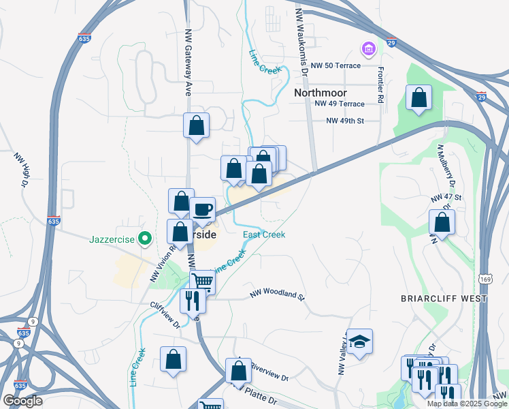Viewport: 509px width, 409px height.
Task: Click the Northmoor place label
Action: pos(321,93)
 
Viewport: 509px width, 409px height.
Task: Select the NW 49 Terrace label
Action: pos(340,104)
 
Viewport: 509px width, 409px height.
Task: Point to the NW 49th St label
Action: pos(345,121)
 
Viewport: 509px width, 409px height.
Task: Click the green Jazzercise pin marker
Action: pos(144,239)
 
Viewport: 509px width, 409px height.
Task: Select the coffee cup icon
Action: pos(203,209)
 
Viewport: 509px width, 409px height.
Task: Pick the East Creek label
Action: pos(264,234)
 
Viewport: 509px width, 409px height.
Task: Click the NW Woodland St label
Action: pos(277,294)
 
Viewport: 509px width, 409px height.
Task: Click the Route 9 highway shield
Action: pos(33,322)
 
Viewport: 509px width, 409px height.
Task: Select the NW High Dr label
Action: pos(20,169)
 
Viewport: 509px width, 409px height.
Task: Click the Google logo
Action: pos(22,401)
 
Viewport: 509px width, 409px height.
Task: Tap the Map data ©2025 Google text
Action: pos(467,404)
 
